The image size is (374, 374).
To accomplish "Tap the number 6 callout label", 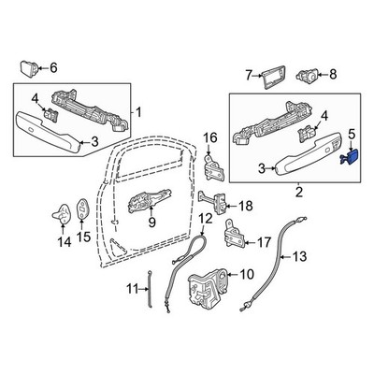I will tap(52, 67).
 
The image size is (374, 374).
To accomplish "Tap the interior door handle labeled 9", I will tap(151, 200).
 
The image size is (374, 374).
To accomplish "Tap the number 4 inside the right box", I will tap(324, 115).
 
